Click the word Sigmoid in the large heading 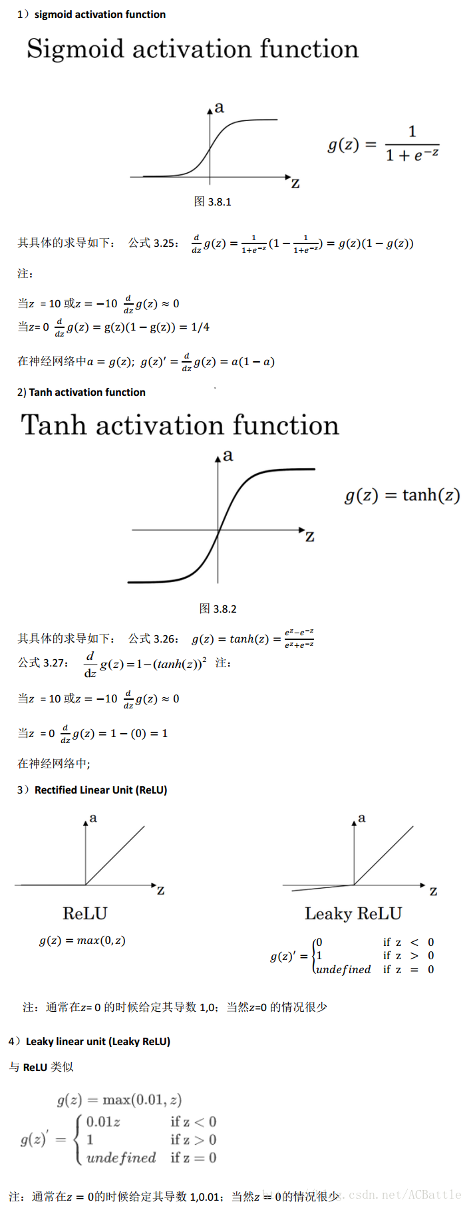click(75, 49)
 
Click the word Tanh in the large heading click(54, 426)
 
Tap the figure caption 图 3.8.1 click(213, 202)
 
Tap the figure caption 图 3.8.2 click(218, 609)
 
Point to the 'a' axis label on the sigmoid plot click(220, 108)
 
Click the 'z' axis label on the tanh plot click(309, 537)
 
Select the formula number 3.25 click(165, 243)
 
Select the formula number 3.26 click(165, 639)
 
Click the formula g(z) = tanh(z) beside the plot click(402, 496)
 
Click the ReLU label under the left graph click(85, 913)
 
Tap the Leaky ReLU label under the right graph click(353, 913)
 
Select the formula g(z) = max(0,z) click(82, 941)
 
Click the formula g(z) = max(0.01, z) click(119, 1100)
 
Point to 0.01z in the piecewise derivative click(103, 1122)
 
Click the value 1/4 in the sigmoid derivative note click(200, 327)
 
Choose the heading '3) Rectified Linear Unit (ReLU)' click(92, 790)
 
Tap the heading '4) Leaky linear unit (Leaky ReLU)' click(90, 1042)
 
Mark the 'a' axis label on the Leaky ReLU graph click(362, 818)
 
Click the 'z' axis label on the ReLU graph click(160, 890)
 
